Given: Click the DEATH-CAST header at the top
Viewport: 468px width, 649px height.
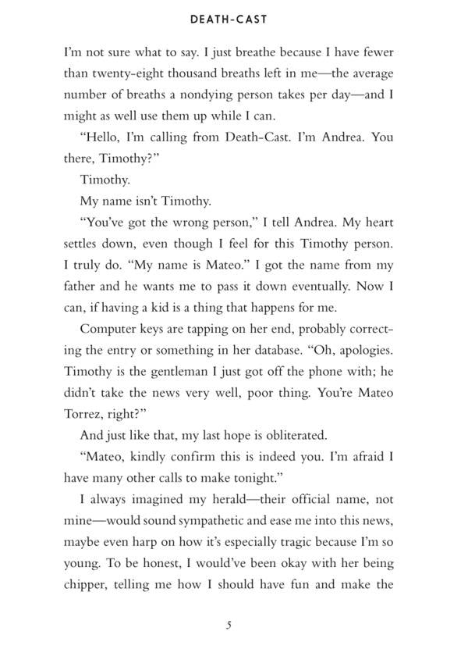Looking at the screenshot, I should click(x=233, y=20).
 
